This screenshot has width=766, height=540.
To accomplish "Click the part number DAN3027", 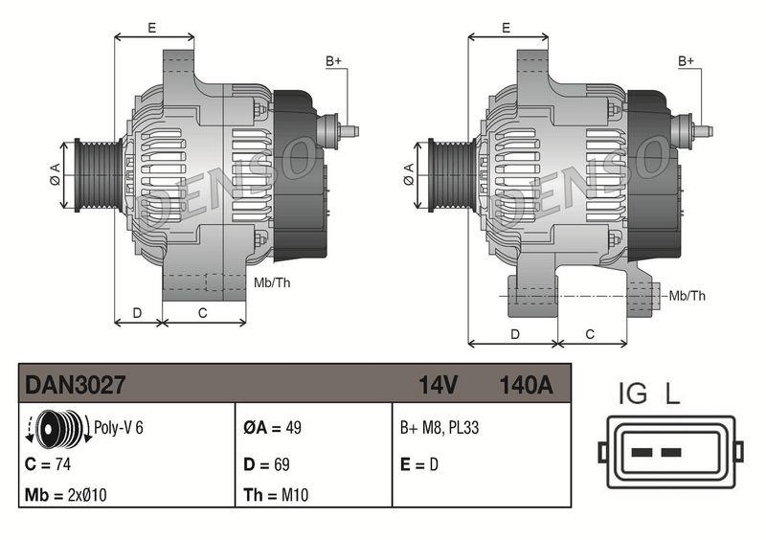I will pyautogui.click(x=76, y=385).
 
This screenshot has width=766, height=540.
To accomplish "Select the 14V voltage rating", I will pyautogui.click(x=439, y=385).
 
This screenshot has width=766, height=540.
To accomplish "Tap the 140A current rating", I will pyautogui.click(x=526, y=385).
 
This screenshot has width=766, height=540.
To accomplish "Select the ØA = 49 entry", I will pyautogui.click(x=272, y=428).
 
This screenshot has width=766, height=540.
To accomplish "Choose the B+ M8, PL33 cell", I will pyautogui.click(x=439, y=428).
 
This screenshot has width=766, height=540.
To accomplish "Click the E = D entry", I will pyautogui.click(x=418, y=464).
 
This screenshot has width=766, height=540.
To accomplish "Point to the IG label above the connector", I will pyautogui.click(x=633, y=394).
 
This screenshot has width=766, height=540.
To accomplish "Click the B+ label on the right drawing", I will pyautogui.click(x=687, y=61).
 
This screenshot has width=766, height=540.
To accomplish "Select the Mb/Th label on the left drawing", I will pyautogui.click(x=273, y=282).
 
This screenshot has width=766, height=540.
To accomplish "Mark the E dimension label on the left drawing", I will pyautogui.click(x=152, y=28).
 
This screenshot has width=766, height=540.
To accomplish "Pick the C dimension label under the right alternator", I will pyautogui.click(x=590, y=334).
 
